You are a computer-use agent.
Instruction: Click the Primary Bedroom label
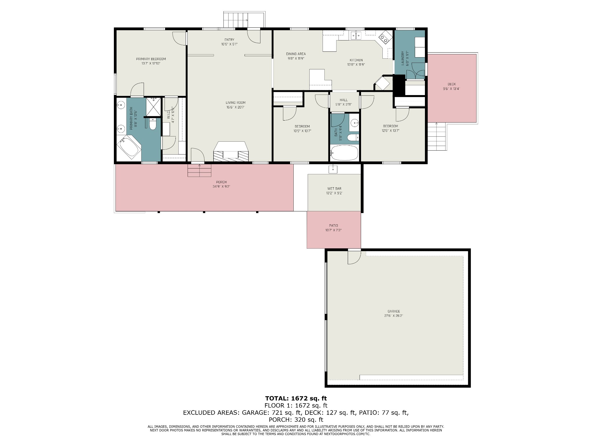(x=151, y=59)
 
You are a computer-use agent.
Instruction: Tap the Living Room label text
(x=236, y=103)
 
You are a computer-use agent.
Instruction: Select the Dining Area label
(x=296, y=54)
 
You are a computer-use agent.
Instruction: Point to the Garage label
(x=394, y=311)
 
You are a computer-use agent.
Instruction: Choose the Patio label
(x=333, y=225)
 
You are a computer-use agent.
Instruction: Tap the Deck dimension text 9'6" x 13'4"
(x=451, y=89)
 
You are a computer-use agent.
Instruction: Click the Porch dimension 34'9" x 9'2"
(x=221, y=186)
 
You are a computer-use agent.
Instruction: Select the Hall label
(x=344, y=100)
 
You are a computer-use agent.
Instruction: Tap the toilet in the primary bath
(x=153, y=124)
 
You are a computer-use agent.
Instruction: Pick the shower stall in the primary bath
(x=153, y=107)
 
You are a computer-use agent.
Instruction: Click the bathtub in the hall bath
(x=344, y=153)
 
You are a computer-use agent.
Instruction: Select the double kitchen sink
(x=356, y=36)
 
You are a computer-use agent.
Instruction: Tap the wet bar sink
(x=333, y=169)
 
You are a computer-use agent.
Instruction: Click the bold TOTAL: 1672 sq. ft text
(x=296, y=398)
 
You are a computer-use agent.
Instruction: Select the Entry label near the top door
(x=229, y=40)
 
